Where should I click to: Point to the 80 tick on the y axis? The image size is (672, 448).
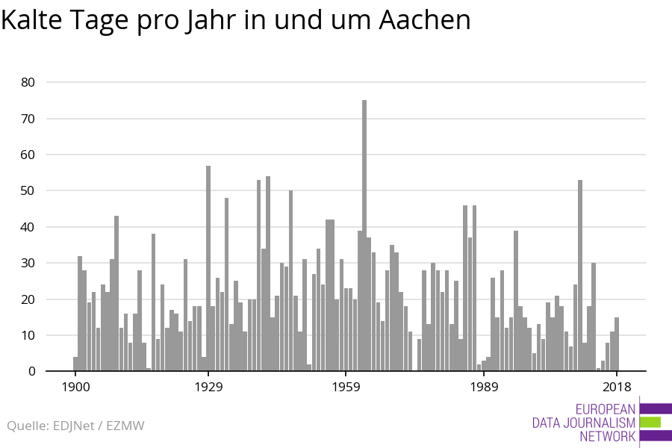click(x=27, y=82)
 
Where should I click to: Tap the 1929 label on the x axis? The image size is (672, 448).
click(x=208, y=387)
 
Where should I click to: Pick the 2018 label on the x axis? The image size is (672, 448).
click(x=617, y=387)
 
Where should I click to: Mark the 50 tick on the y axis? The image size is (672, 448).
click(x=27, y=190)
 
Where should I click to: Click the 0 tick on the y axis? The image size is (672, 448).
click(x=31, y=371)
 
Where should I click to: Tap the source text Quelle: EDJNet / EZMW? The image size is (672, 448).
click(x=75, y=426)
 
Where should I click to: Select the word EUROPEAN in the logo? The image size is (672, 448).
click(x=606, y=409)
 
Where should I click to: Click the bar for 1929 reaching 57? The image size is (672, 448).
click(x=208, y=269)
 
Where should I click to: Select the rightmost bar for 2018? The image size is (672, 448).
click(x=617, y=344)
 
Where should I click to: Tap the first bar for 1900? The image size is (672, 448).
click(x=75, y=364)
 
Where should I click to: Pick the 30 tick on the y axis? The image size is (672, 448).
click(x=27, y=263)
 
